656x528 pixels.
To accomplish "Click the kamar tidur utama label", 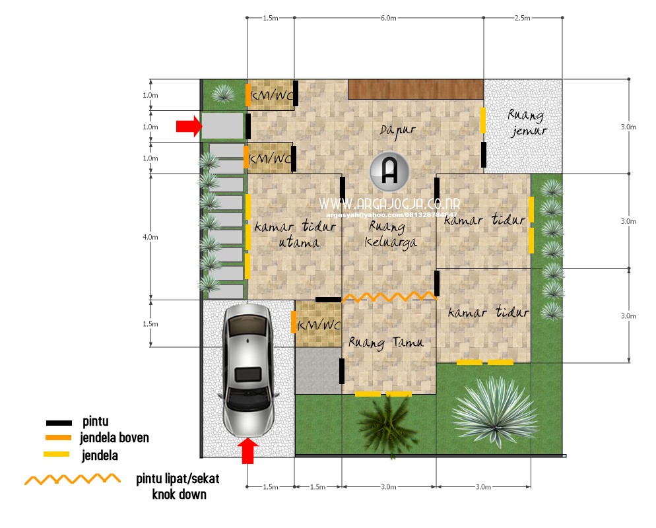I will pyautogui.click(x=295, y=234).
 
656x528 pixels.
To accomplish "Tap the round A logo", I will pyautogui.click(x=389, y=171).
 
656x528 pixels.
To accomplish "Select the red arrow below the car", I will pyautogui.click(x=247, y=451).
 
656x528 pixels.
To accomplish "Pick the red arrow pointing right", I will pyautogui.click(x=188, y=126).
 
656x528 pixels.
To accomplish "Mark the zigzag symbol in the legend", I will pyautogui.click(x=73, y=479).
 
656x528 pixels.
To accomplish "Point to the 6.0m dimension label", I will pyautogui.click(x=388, y=18).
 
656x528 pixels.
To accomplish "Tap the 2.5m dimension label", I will pyautogui.click(x=522, y=18).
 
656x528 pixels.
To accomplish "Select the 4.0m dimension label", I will pyautogui.click(x=150, y=236).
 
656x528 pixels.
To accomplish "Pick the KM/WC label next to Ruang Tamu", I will pyautogui.click(x=319, y=326).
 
